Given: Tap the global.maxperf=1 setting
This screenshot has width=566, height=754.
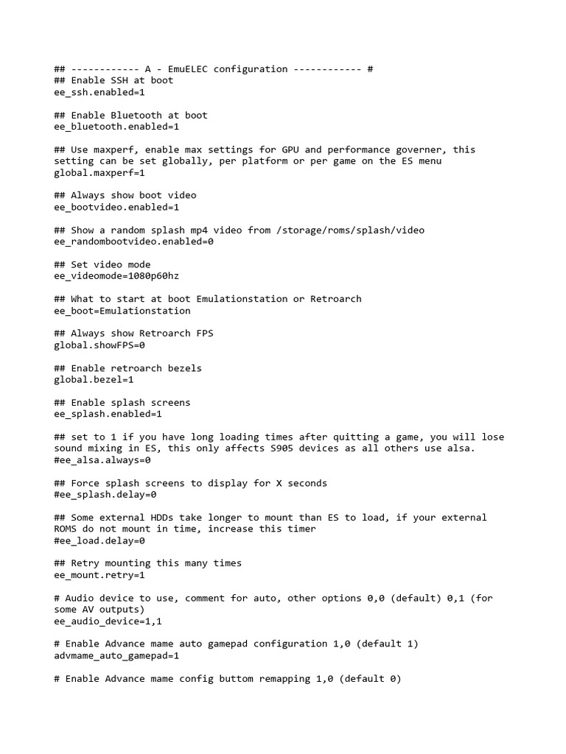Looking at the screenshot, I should click(99, 173).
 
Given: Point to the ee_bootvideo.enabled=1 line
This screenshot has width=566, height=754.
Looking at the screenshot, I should click(116, 208).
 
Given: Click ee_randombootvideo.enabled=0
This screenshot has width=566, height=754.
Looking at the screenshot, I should click(133, 242).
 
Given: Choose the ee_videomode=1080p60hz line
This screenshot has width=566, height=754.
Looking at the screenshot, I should click(116, 276).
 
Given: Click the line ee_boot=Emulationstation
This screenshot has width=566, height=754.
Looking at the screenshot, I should click(122, 311).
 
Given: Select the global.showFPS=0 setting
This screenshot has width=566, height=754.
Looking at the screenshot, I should click(99, 345).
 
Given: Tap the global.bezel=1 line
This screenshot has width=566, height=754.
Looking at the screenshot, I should click(94, 380).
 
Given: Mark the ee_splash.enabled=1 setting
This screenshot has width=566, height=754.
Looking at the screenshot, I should click(108, 414).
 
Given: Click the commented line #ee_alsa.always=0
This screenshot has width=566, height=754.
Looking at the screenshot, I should click(102, 460).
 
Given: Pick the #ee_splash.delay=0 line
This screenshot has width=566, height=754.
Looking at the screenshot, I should click(105, 495).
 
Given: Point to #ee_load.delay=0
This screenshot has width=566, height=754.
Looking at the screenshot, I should click(99, 540).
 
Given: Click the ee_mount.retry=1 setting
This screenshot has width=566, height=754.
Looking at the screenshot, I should click(99, 575).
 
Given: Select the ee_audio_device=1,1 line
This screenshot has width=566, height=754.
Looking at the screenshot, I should click(108, 621).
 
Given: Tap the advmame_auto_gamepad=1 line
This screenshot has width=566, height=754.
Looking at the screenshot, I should click(116, 655).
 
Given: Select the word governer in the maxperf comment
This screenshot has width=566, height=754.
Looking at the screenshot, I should click(416, 149).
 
